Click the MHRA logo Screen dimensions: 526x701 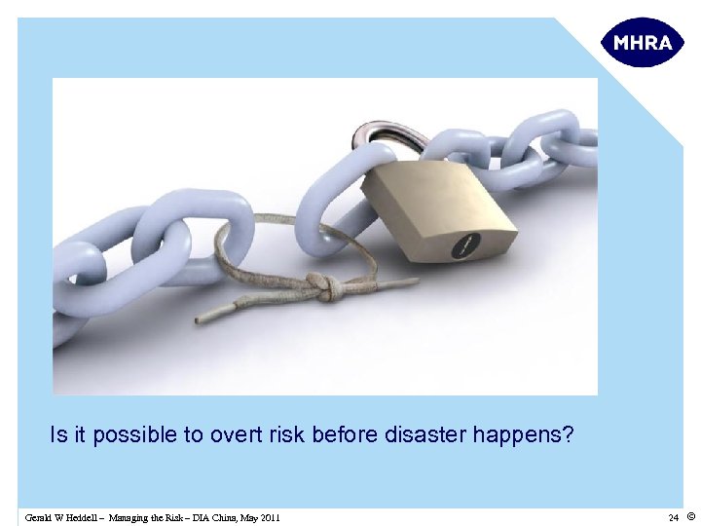[642, 43]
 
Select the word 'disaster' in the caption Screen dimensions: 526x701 [429, 435]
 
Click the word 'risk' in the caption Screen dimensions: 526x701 [286, 435]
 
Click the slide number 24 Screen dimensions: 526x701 [673, 517]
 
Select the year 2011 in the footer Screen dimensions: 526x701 [269, 517]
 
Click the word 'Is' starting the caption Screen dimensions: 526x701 [56, 435]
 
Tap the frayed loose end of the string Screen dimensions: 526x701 [209, 317]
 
